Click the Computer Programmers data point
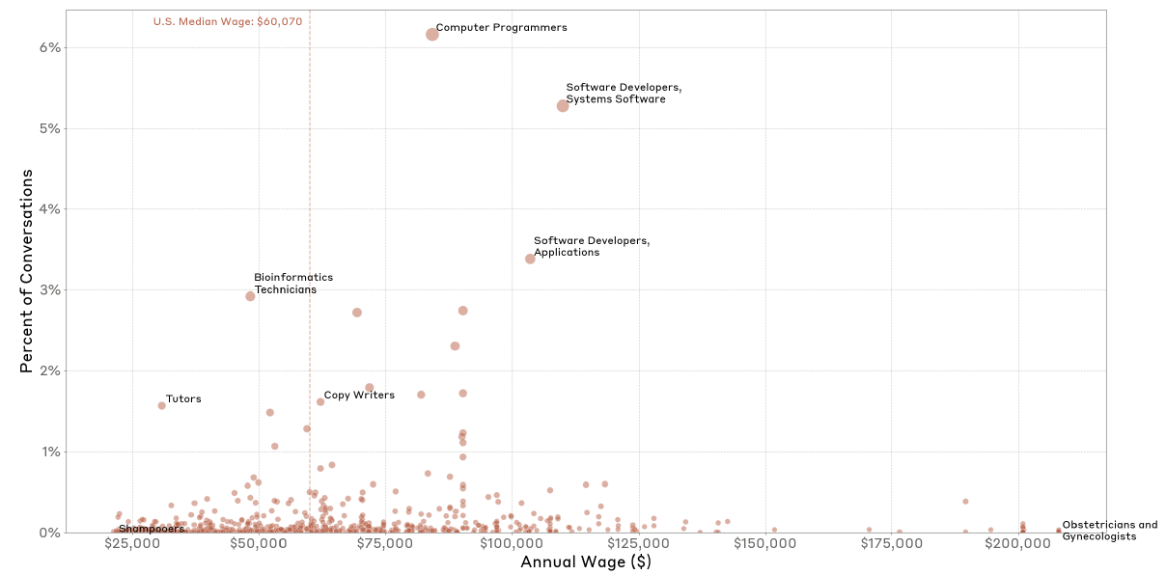[431, 34]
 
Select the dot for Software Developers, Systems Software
[563, 105]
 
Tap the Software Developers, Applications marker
[530, 259]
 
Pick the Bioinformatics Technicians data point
[250, 296]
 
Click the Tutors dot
[161, 405]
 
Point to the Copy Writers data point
[320, 401]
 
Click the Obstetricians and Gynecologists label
[1109, 531]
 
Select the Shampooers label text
[152, 529]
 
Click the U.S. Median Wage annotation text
[234, 21]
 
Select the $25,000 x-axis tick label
[131, 545]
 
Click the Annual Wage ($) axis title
[585, 562]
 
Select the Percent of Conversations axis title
[27, 271]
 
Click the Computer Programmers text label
[501, 28]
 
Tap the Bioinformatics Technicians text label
[285, 284]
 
